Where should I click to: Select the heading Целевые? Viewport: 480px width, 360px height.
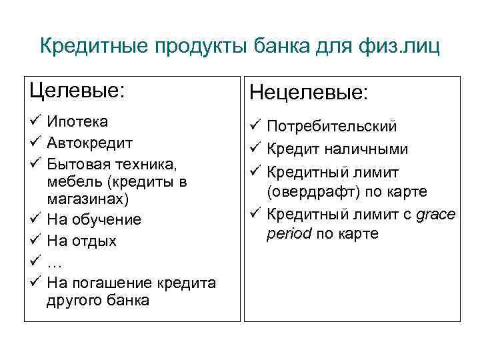(x=77, y=90)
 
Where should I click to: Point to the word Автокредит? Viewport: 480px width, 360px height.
(x=90, y=143)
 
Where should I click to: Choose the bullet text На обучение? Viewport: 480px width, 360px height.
(x=94, y=219)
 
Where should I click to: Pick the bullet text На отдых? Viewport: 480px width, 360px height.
(x=82, y=241)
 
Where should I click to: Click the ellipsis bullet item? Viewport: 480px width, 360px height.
(x=55, y=263)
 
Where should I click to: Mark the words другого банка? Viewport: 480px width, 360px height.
(x=98, y=301)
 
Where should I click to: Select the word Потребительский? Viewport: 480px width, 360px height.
(x=332, y=126)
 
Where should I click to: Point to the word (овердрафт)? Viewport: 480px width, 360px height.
(x=311, y=192)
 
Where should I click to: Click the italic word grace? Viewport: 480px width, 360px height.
(x=434, y=215)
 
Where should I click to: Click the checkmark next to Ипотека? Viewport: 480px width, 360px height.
(x=36, y=121)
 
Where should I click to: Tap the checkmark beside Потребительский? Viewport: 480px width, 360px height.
(x=255, y=126)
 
